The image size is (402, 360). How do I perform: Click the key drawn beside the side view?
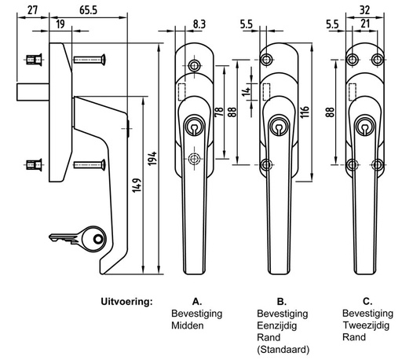[78, 239]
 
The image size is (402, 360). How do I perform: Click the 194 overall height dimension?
[152, 158]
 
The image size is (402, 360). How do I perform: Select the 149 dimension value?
[137, 186]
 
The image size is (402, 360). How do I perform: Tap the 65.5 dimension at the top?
[89, 10]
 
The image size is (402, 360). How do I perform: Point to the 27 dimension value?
[33, 10]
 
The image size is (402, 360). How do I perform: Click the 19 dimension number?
[60, 24]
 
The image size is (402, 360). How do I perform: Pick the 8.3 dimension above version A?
[199, 24]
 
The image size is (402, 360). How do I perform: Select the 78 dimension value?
[219, 112]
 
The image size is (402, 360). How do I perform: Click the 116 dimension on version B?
[305, 112]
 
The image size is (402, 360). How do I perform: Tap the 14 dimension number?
[247, 92]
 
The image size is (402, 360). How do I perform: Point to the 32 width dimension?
[365, 10]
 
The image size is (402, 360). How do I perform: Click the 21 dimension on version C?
[365, 24]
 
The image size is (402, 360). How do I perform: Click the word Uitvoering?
[126, 302]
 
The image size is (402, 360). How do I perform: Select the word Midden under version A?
[188, 325]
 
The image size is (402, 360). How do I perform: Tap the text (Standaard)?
[283, 349]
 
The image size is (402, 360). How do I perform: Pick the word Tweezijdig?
[366, 325]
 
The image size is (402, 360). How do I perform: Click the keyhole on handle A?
[194, 127]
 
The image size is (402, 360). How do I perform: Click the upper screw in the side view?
[90, 60]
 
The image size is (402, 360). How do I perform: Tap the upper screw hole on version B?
[266, 59]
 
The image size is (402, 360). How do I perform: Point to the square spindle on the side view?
[33, 92]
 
